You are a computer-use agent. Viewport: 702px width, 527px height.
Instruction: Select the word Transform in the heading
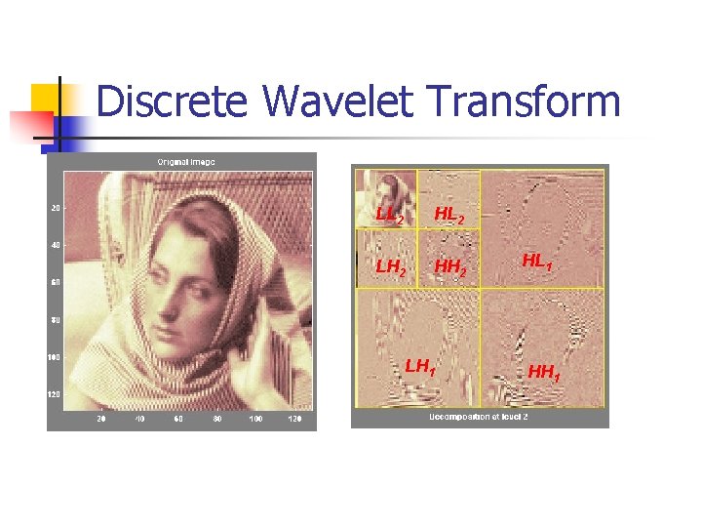coord(523,101)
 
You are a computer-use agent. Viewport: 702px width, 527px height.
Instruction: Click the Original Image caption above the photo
coord(186,161)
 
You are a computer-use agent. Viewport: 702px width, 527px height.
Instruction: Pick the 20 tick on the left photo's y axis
coord(55,207)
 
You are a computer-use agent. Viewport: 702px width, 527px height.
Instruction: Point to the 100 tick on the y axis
coord(54,357)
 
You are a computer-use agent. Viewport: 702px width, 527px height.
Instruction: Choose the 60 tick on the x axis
coord(178,419)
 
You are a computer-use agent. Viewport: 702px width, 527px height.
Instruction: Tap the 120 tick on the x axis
coord(293,419)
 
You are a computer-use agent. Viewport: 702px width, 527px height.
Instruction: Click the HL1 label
coord(538,261)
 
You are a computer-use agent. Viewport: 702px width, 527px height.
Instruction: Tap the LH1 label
coord(419,367)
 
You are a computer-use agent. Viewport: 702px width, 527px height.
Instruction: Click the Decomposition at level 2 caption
coord(480,418)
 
